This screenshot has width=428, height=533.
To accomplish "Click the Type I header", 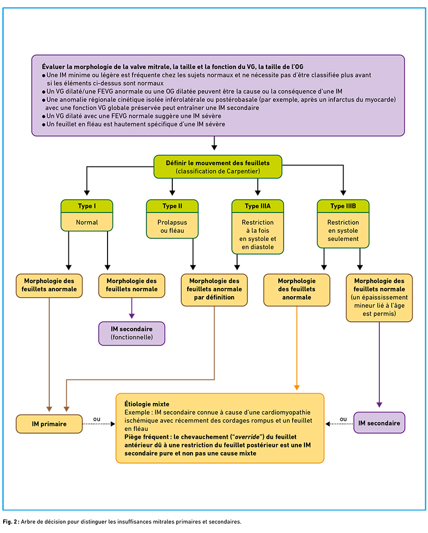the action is (87, 206).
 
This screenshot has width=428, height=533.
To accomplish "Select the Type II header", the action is (172, 206).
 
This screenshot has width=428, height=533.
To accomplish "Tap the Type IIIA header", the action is (258, 206).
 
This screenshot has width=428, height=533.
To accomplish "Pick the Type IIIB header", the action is (343, 206).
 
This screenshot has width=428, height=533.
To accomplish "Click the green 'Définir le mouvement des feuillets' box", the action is (218, 167).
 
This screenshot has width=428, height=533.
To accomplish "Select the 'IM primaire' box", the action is (49, 424).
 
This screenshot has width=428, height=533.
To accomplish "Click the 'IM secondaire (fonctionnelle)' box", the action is (132, 333).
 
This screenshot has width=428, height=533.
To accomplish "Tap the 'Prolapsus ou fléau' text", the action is (172, 226).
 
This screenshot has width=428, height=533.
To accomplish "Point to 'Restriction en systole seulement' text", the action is (343, 231).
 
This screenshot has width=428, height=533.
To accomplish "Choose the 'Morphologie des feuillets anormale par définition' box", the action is (214, 290).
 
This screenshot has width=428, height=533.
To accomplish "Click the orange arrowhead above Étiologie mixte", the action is (297, 387).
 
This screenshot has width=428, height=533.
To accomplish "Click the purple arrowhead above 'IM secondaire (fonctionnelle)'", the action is (132, 316).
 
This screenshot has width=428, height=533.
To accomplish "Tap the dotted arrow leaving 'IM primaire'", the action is (99, 424).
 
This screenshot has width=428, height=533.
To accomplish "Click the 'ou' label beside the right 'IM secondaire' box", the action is (343, 419).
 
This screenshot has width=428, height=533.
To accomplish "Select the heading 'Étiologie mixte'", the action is (147, 404).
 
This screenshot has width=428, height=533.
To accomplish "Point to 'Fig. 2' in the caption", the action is (10, 521).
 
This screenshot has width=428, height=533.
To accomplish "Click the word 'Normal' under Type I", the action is (87, 222).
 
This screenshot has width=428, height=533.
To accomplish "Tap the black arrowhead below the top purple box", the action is (214, 148).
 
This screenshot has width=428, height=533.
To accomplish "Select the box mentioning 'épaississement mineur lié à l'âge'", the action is (379, 298).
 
